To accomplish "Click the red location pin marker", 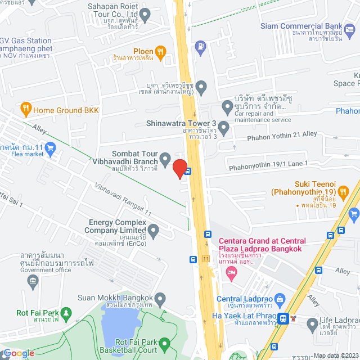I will click(x=179, y=168).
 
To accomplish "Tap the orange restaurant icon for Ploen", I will click(x=160, y=52).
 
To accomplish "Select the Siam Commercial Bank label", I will click(x=301, y=26).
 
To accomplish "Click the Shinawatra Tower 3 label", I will click(x=181, y=123).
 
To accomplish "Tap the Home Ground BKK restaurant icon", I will click(x=25, y=108).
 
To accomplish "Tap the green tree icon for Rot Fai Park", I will click(x=67, y=312).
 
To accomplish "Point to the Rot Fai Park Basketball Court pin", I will click(x=164, y=343).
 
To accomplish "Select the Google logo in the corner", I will click(x=18, y=353).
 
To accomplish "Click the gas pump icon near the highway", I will click(x=200, y=46).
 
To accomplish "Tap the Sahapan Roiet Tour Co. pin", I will click(x=145, y=16).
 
